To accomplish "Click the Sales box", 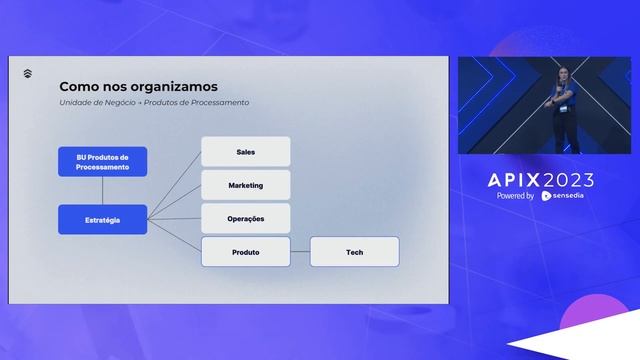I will pyautogui.click(x=245, y=152).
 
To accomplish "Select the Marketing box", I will pyautogui.click(x=245, y=185).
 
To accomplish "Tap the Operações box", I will pyautogui.click(x=245, y=218).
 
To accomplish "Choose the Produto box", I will pyautogui.click(x=245, y=252).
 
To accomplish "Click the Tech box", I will pyautogui.click(x=354, y=252).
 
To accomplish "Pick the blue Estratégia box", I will pyautogui.click(x=102, y=219).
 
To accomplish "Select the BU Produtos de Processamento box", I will pyautogui.click(x=102, y=162).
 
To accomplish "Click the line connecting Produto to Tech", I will pyautogui.click(x=300, y=252).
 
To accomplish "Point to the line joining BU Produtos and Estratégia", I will pyautogui.click(x=102, y=190).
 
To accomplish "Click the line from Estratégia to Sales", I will pyautogui.click(x=174, y=186).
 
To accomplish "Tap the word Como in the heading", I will pyautogui.click(x=78, y=86).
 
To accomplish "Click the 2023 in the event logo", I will pyautogui.click(x=565, y=180).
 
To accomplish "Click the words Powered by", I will pyautogui.click(x=515, y=196).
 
